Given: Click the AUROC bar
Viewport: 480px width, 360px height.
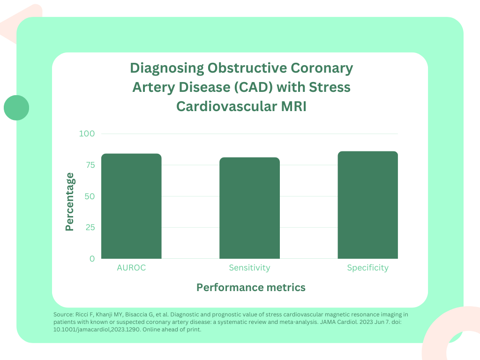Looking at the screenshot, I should click(x=131, y=206).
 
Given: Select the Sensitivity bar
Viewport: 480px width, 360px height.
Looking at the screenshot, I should click(x=249, y=208).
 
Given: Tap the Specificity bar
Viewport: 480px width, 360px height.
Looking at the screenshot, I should click(x=367, y=205).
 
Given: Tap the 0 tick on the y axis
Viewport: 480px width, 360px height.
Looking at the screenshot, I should click(x=92, y=259).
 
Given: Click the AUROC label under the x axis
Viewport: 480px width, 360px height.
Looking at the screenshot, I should click(x=131, y=268).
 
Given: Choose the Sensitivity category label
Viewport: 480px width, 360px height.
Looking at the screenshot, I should click(x=249, y=268).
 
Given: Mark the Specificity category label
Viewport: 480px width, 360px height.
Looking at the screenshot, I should click(x=367, y=268).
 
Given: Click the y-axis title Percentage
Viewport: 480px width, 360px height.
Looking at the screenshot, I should click(x=70, y=202).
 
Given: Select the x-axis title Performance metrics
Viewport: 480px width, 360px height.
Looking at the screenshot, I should click(x=251, y=287).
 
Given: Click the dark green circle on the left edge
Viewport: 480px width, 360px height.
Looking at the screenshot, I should click(x=16, y=108).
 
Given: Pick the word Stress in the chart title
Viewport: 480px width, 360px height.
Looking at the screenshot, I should click(x=331, y=88).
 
